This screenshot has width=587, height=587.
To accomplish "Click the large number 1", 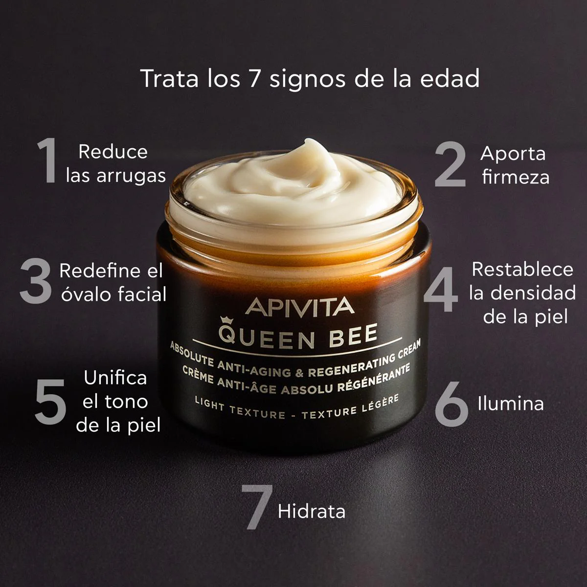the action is [x=48, y=160].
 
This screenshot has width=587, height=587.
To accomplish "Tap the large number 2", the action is [x=450, y=164].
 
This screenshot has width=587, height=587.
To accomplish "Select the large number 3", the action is [x=36, y=281].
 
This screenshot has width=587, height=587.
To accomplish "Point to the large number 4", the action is [x=441, y=290].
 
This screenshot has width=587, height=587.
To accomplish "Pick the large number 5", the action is [x=50, y=402].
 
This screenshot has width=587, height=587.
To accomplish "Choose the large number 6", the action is [x=452, y=404].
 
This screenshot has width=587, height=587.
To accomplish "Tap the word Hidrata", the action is [x=312, y=512].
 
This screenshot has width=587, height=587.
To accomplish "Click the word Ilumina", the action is [x=511, y=404].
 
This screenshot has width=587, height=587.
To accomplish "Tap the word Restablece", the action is [x=522, y=270].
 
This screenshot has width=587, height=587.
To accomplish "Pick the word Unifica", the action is [x=115, y=378].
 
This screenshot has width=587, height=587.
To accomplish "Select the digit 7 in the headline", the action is [x=253, y=79].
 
